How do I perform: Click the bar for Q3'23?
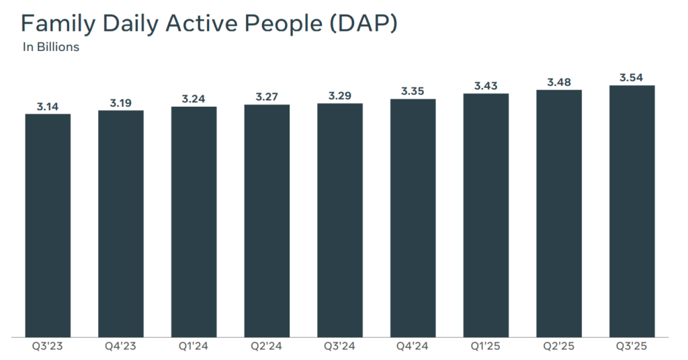pos(48,225)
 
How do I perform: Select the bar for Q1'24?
pos(193,222)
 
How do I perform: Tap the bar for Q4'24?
pos(413,218)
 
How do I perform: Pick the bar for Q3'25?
pos(632,211)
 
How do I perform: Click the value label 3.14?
pos(48,106)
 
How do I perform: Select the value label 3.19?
pos(121,103)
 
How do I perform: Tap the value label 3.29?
pos(340,95)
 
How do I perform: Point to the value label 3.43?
pos(486,85)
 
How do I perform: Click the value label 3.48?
pos(559,82)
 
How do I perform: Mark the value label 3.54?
pos(632,77)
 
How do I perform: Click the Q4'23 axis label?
pos(121,347)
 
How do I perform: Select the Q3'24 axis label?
pos(340,347)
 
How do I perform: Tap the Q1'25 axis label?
pos(486,347)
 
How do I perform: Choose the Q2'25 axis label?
pos(559,347)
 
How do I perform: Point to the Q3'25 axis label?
pos(632,347)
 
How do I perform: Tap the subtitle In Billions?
pos(51,47)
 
